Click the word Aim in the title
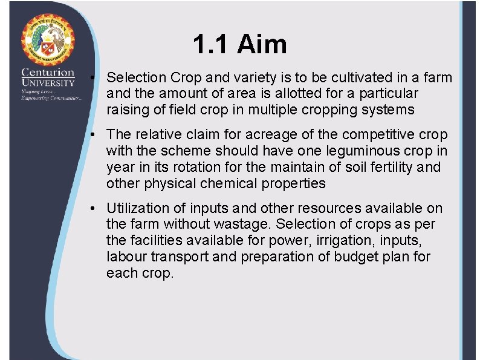262,44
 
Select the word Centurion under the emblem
48,73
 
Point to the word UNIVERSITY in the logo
48,82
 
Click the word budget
351,257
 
